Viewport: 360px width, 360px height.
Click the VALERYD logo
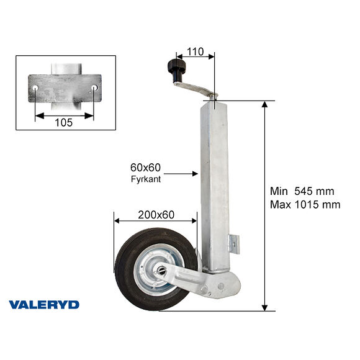(44, 304)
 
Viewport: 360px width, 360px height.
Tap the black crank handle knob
(175, 67)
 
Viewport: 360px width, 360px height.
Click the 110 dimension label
(196, 52)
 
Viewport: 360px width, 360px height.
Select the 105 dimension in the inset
(64, 122)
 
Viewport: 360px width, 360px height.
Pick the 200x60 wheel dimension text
(155, 215)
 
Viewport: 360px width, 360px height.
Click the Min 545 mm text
(305, 191)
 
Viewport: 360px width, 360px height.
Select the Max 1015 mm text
(305, 204)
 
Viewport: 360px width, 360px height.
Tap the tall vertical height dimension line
(265, 205)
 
